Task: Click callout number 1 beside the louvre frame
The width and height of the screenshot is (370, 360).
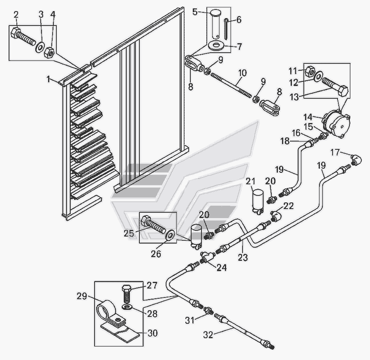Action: [49, 79]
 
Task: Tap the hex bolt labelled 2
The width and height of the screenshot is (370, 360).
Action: [25, 37]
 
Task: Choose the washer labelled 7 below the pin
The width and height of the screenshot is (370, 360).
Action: [216, 45]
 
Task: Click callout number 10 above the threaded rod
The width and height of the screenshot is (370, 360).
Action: [243, 73]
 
